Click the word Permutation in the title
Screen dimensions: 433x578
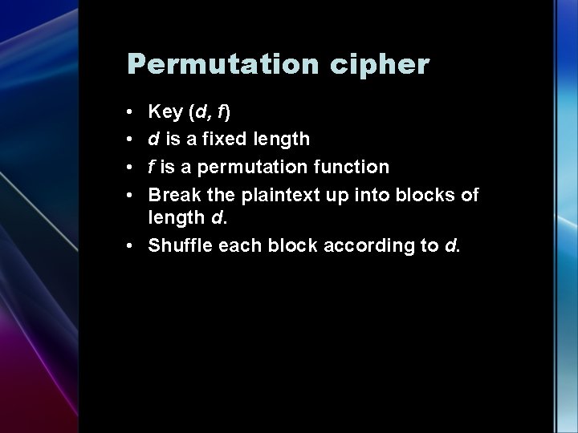[x=211, y=65]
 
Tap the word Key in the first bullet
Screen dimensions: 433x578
[x=165, y=111]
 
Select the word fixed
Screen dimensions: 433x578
[x=228, y=139]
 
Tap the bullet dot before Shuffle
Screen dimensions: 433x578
[x=130, y=245]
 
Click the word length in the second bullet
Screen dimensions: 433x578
[x=280, y=139]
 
